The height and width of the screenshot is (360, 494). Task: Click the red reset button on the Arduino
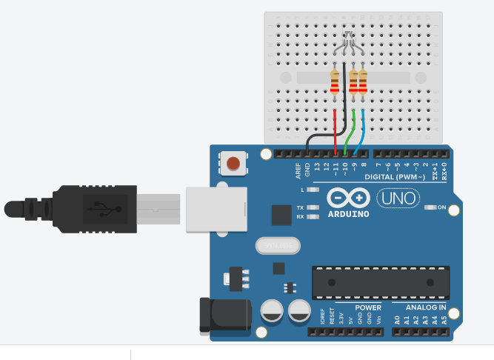click(234, 163)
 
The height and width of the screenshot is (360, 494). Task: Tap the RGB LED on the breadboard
click(350, 41)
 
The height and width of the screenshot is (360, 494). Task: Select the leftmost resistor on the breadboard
click(336, 81)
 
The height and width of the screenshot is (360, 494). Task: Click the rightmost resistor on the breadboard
click(363, 81)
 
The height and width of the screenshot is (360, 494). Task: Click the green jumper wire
click(349, 133)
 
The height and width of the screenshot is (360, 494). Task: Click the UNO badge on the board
click(397, 199)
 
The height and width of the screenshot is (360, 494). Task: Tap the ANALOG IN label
click(425, 307)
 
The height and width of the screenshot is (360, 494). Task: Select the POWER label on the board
click(368, 307)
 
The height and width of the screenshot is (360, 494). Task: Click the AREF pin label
click(298, 170)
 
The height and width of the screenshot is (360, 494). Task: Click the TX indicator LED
click(313, 208)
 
